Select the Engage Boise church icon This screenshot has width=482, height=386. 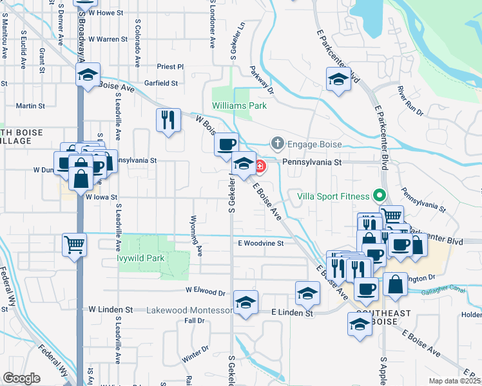point(278,142)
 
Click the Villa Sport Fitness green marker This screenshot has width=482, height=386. point(380,196)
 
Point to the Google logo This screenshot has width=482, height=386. point(21,378)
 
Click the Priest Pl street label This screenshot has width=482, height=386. point(170,67)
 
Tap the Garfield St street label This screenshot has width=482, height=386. point(161,83)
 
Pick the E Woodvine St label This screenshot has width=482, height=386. point(260,244)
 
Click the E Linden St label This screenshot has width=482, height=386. point(292,313)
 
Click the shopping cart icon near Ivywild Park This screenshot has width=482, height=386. point(74,244)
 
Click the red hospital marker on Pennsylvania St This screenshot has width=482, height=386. point(260,167)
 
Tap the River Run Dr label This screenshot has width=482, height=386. point(410,102)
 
